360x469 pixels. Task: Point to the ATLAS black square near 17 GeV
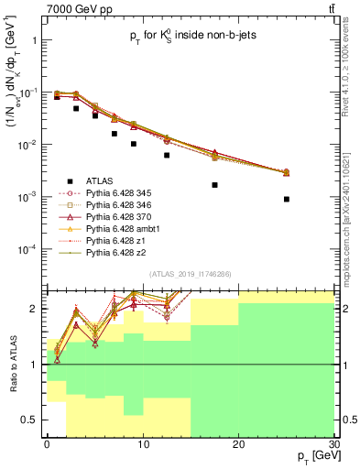tap(214, 184)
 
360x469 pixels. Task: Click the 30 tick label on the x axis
tap(333, 444)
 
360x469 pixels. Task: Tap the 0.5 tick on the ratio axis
tap(31, 420)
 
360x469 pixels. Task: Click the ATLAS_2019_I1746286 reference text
tap(190, 275)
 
